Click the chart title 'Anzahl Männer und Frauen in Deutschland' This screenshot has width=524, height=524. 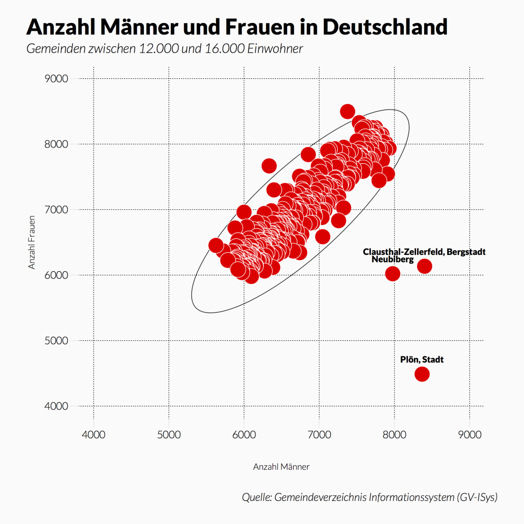(236, 27)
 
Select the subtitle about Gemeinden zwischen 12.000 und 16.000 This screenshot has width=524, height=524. (165, 50)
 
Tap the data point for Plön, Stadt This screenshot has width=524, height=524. (422, 374)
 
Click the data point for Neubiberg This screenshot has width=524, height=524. (392, 274)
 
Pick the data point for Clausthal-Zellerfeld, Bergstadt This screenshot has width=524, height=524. (424, 266)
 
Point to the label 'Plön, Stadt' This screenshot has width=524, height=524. (422, 360)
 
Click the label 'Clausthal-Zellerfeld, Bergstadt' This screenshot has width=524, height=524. (424, 252)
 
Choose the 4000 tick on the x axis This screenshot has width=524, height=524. (94, 435)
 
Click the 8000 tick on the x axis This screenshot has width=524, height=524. (395, 435)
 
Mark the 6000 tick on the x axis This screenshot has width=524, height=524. (244, 435)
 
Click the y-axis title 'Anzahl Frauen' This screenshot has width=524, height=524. (32, 242)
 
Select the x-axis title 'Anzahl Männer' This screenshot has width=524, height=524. (281, 467)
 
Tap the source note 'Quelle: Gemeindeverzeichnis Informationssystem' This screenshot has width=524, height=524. (369, 497)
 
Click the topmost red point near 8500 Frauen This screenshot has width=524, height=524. (347, 111)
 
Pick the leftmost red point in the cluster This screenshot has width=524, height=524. (216, 245)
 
